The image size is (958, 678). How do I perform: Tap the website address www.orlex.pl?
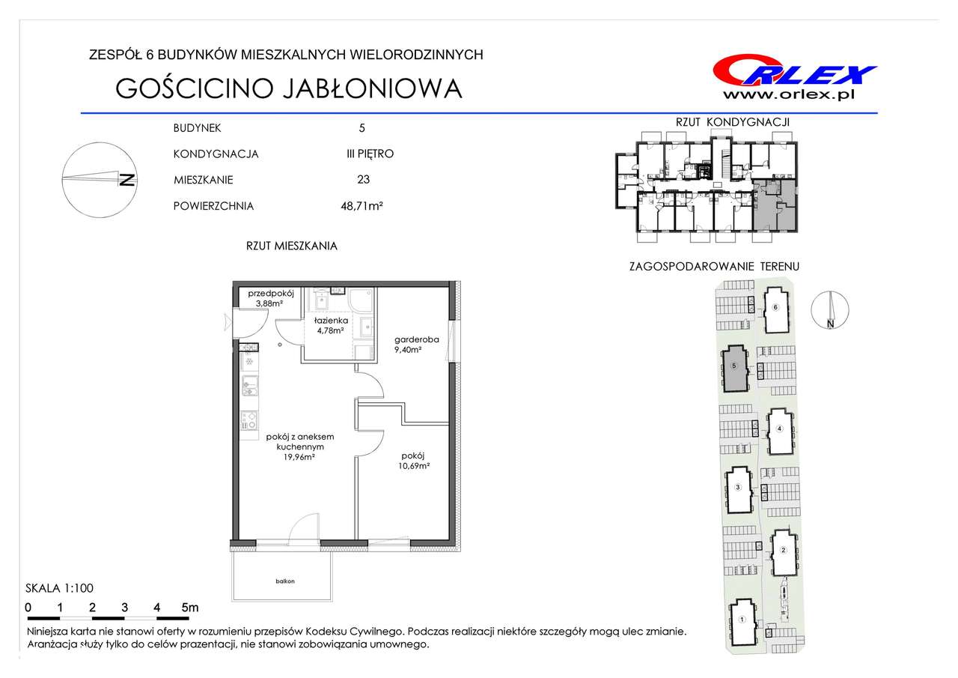pos(789,94)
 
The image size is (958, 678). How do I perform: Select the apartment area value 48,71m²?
pos(361,206)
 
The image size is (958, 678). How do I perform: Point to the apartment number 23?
pos(363,179)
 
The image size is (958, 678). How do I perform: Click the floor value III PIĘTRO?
pos(370,154)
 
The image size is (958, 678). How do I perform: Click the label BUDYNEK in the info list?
pos(197,128)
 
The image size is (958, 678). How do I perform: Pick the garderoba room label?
pos(417,340)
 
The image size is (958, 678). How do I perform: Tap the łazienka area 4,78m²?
pos(330,330)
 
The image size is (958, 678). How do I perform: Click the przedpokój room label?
pos(271,294)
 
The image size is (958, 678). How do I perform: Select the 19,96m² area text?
pos(299,457)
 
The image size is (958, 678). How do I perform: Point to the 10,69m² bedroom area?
pos(414,466)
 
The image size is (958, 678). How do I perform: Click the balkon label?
pos(285,581)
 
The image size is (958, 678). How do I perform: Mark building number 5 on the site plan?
pos(734,366)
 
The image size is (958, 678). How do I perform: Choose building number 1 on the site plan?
pos(742,620)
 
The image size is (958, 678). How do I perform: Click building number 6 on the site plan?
pos(775,307)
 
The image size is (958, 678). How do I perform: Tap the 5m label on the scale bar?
pos(190,608)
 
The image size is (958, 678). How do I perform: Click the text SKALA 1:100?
pos(59,589)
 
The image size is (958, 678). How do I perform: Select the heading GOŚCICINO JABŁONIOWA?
pos(289,89)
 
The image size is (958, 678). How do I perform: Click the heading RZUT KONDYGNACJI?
pos(732,122)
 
